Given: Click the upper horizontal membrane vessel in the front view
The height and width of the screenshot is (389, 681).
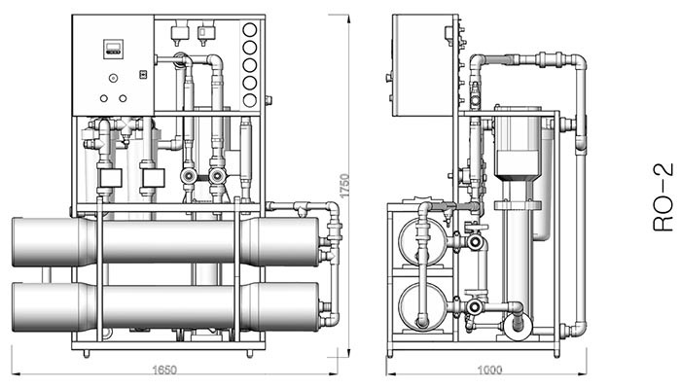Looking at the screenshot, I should coord(165,241).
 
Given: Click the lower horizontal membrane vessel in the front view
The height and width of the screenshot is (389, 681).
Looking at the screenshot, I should coord(165,305).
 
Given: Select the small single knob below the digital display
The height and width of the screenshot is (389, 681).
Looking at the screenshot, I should coord(114,77).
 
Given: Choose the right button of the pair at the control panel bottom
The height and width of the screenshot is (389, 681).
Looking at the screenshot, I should coord(124,97).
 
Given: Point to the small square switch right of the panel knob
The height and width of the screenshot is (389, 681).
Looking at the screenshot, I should coord(142,74).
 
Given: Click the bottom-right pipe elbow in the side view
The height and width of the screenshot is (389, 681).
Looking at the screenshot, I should coord(578,328).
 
